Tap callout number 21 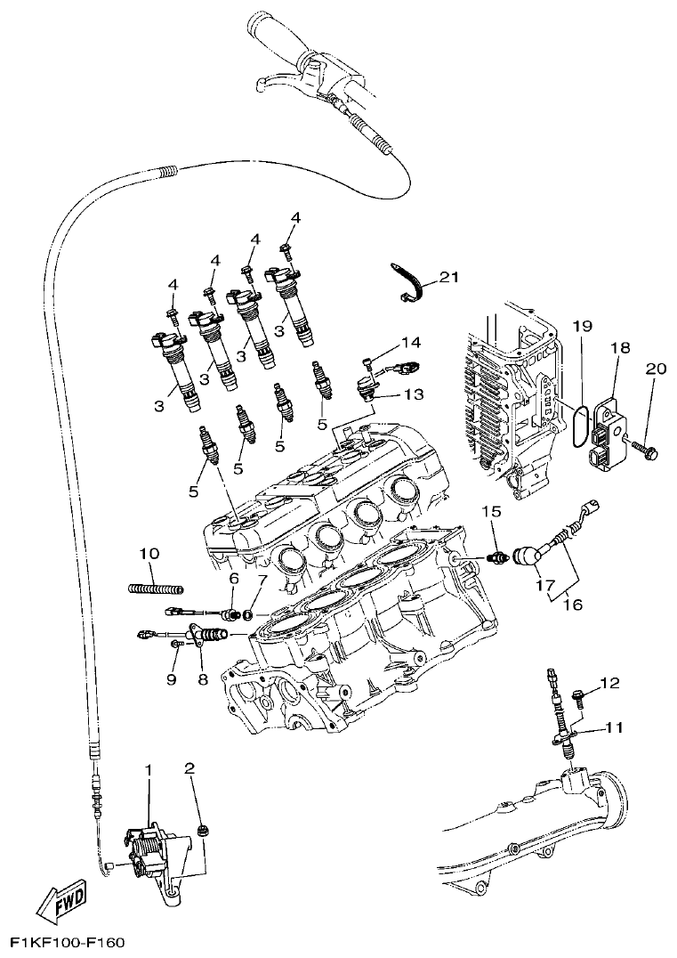448,278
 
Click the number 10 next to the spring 149,554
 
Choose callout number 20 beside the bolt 656,369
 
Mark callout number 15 492,511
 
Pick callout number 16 572,605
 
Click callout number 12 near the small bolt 608,683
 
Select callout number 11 615,727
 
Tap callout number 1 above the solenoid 149,769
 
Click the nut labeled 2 204,831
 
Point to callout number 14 410,342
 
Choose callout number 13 414,393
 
